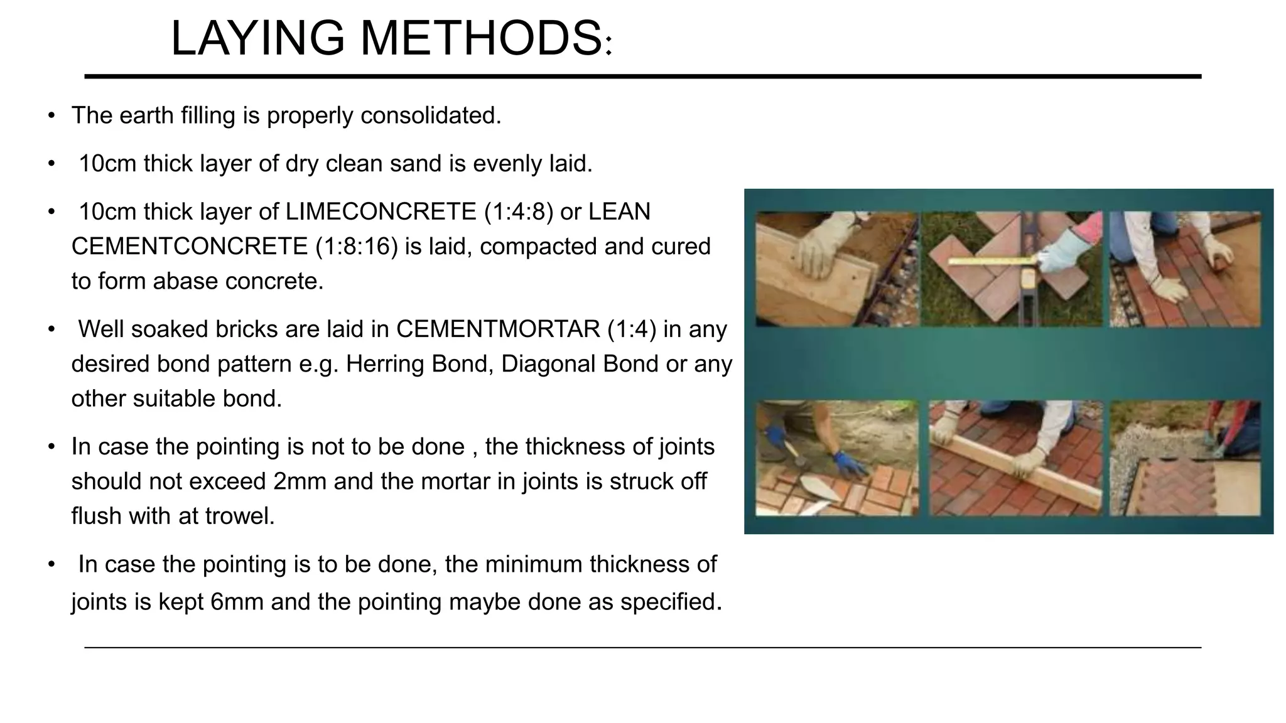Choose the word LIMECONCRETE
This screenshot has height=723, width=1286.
pyautogui.click(x=381, y=212)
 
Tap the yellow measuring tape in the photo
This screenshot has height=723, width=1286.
pyautogui.click(x=992, y=259)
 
